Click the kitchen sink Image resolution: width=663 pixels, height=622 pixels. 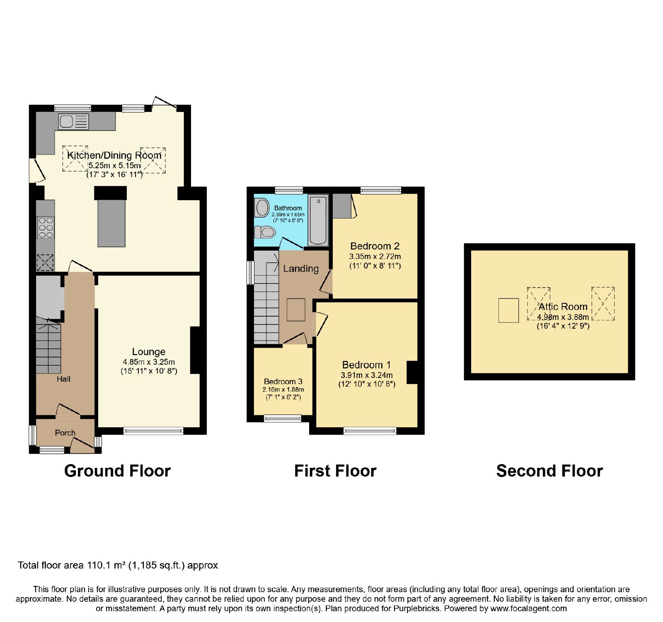74,121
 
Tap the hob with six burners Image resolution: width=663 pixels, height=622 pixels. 46,228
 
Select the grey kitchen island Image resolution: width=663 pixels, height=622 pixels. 111,223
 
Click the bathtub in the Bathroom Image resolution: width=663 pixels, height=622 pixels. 318,220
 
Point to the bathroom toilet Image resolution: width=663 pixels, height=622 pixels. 265,232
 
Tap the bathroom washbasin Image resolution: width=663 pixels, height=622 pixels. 262,208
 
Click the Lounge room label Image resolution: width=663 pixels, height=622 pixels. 149,352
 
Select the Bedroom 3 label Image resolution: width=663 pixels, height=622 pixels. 283,381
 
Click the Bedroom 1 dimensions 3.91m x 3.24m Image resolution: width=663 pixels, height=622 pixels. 367,375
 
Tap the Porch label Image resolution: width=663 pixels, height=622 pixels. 65,433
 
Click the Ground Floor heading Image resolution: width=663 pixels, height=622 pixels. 117,471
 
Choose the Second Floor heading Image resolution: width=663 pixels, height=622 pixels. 549,471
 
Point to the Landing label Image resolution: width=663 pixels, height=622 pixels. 301,269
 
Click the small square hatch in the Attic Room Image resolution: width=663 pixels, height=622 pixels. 508,310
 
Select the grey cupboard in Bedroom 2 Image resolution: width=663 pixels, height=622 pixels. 342,206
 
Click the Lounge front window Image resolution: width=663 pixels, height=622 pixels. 153,431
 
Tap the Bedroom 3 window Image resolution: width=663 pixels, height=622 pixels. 283,419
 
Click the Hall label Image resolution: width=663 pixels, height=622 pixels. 63,379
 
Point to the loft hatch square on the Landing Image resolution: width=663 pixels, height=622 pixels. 296,310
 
